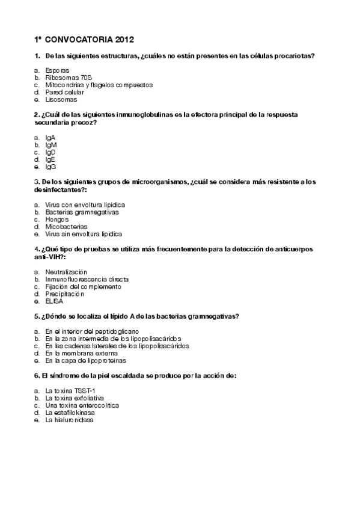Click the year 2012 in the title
point(123,40)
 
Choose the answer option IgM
point(51,145)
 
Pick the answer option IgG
point(51,167)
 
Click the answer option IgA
point(50,138)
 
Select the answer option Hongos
point(57,219)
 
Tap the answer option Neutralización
point(66,272)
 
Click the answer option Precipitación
point(64,293)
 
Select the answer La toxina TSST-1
point(70,391)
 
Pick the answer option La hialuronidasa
point(69,420)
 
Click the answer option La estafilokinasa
point(70,413)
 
